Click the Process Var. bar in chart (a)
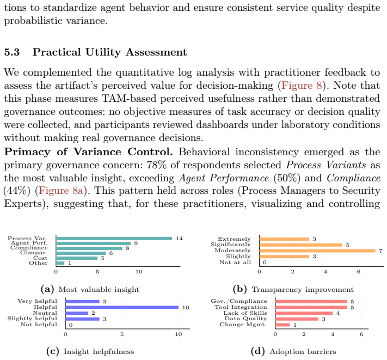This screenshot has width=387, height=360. click(x=114, y=239)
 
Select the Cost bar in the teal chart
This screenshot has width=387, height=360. click(x=77, y=258)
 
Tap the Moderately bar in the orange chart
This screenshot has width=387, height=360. click(x=317, y=251)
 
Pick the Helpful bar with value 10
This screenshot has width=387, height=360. click(x=122, y=307)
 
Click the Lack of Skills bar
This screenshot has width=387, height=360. click(x=304, y=313)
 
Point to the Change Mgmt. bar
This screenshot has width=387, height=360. click(x=282, y=325)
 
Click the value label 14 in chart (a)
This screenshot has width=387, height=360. click(x=179, y=239)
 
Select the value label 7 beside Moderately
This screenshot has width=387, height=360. click(x=380, y=251)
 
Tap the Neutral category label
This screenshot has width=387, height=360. click(x=45, y=313)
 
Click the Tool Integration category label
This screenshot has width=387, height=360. click(x=241, y=307)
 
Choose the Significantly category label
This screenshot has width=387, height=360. click(x=231, y=245)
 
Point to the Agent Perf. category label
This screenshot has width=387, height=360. click(x=29, y=243)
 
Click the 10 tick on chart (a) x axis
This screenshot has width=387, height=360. click(x=139, y=272)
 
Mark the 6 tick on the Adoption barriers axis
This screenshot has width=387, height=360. click(x=361, y=334)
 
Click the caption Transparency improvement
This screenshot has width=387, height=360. click(x=303, y=289)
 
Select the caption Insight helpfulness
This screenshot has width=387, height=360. click(x=99, y=351)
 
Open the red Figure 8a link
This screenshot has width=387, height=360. click(x=61, y=191)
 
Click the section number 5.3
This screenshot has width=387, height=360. click(x=12, y=52)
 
